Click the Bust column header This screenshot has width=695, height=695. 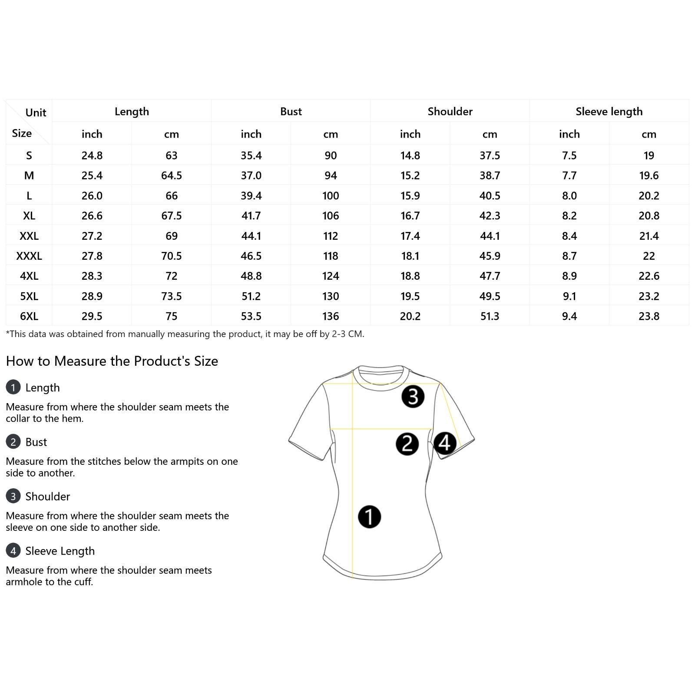click(x=291, y=112)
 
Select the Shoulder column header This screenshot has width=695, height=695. click(x=450, y=112)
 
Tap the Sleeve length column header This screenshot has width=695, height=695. click(x=609, y=112)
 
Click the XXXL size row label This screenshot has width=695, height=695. click(x=29, y=256)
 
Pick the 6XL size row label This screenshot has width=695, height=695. click(x=29, y=316)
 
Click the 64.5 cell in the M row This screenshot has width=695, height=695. click(x=171, y=175)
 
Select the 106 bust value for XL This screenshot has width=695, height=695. click(x=331, y=216)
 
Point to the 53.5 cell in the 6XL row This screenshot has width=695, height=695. click(x=251, y=316)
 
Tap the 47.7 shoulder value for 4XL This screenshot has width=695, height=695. click(x=490, y=276)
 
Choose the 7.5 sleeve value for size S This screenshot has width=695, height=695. click(x=569, y=156)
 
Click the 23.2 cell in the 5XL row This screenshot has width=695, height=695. click(x=649, y=296)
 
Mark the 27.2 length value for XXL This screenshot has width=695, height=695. click(x=92, y=236)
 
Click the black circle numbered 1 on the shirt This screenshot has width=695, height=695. click(x=369, y=517)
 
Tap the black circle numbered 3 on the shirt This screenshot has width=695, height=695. click(x=413, y=397)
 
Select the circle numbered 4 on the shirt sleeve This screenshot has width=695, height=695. click(x=444, y=443)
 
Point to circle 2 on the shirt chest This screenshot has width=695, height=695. click(x=407, y=444)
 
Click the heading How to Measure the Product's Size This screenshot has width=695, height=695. click(x=112, y=361)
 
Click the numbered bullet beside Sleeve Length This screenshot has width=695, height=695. click(x=13, y=551)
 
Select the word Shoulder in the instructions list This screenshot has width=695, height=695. click(x=47, y=496)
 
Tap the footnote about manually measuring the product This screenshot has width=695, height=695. click(x=185, y=334)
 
